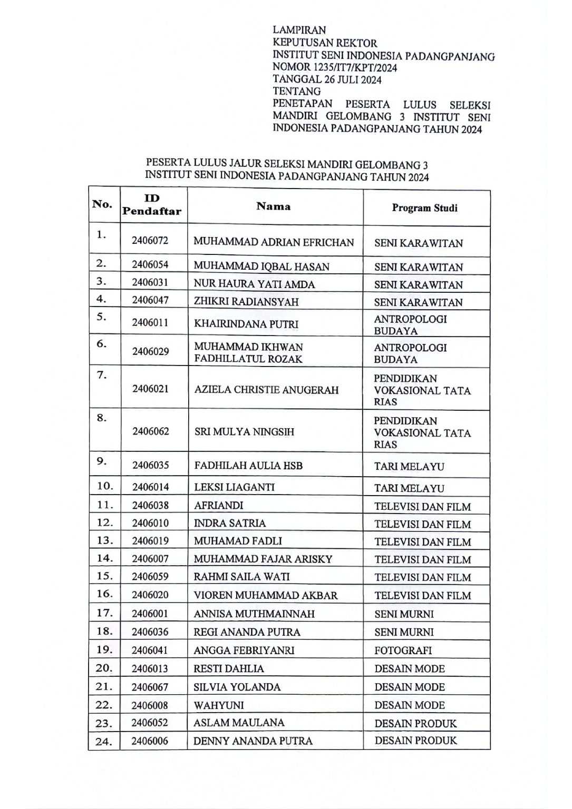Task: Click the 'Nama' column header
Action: click(273, 206)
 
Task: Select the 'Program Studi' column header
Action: click(424, 208)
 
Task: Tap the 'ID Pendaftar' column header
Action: click(152, 205)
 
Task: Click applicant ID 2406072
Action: click(150, 241)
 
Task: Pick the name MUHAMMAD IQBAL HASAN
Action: click(261, 267)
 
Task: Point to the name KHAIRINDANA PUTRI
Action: click(246, 324)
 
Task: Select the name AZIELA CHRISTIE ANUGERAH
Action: click(266, 390)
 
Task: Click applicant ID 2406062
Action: click(151, 431)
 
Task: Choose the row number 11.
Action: click(104, 505)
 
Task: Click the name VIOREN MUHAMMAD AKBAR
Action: click(266, 596)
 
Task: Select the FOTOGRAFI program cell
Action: click(403, 650)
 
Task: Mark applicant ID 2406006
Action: click(150, 741)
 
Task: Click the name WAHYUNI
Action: click(219, 705)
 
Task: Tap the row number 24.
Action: click(104, 742)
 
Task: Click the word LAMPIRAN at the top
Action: click(299, 31)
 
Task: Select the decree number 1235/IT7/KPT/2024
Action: click(335, 67)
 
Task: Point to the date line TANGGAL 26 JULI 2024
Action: click(327, 80)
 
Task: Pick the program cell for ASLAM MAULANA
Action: click(415, 723)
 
